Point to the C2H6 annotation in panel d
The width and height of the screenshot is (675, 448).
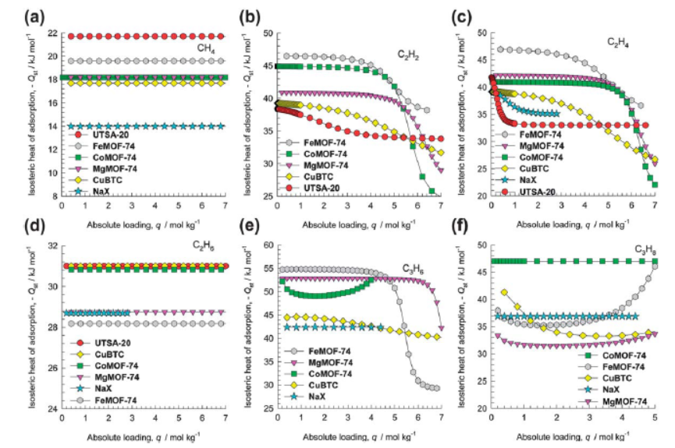tap(204, 244)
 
